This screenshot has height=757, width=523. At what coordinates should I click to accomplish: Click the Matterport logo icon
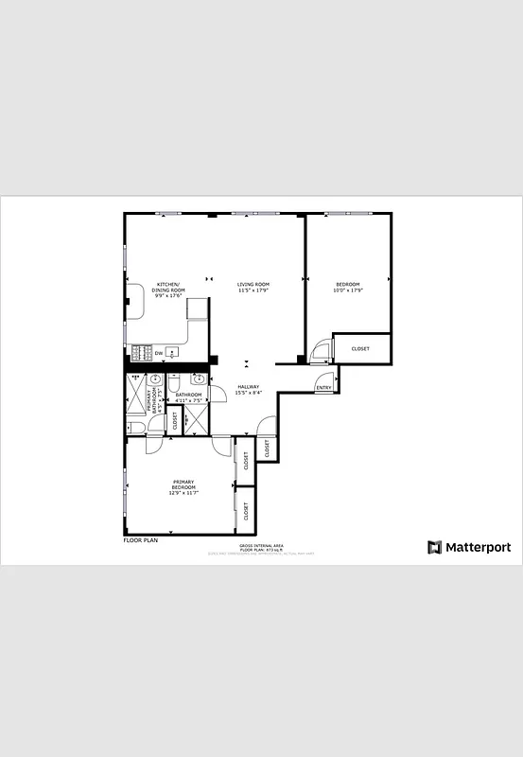[x=434, y=547]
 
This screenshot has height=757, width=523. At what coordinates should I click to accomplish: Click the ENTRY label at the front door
[x=323, y=387]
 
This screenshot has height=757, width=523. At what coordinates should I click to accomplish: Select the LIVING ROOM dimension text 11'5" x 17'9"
[x=253, y=290]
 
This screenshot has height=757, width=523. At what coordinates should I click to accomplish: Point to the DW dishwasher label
[x=159, y=354]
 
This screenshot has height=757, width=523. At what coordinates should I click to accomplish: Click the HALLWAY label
[x=249, y=389]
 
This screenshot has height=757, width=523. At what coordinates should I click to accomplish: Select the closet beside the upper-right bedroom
[x=361, y=348]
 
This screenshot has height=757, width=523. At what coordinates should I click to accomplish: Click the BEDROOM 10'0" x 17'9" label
[x=348, y=288]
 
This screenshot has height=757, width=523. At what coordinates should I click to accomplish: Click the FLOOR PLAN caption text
[x=141, y=540]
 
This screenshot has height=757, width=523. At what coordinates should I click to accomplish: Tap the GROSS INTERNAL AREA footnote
[x=257, y=546]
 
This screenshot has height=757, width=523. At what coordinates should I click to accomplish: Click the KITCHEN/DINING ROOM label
[x=170, y=288]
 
